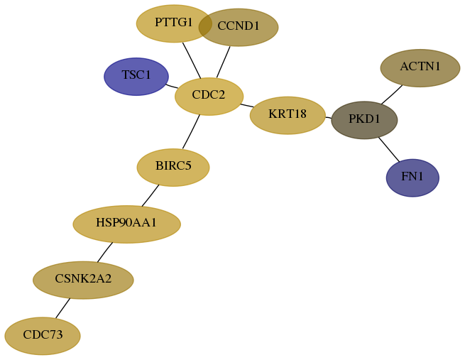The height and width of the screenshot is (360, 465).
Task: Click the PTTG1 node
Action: point(174,23)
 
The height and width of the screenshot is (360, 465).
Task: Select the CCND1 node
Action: point(239,27)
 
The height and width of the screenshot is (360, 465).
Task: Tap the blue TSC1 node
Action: point(136,77)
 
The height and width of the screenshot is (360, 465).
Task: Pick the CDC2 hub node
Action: point(209,97)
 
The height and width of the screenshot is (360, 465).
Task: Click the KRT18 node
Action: point(288,115)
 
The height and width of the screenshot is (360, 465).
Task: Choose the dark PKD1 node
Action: point(364,120)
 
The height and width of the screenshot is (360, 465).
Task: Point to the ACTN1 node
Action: point(420,68)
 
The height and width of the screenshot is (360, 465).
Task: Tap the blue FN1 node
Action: point(412,178)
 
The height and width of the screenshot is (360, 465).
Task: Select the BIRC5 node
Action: point(173,168)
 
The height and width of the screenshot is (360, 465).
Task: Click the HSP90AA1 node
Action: point(127,224)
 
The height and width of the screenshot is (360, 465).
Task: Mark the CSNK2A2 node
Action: point(83,280)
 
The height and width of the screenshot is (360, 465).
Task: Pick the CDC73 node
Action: point(43,336)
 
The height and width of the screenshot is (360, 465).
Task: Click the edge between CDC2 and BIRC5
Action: point(191,131)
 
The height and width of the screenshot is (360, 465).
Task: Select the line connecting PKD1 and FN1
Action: point(389,150)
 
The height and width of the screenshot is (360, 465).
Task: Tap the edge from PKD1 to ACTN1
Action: point(392,95)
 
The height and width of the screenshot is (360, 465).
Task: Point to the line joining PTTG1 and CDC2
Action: point(192,60)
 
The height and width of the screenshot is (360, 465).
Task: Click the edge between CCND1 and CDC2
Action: point(224,62)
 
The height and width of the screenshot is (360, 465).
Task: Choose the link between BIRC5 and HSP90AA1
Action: point(151,195)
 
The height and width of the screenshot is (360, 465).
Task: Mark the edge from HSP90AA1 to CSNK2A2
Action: point(105,252)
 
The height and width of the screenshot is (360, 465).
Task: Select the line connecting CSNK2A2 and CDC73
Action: point(63,308)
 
